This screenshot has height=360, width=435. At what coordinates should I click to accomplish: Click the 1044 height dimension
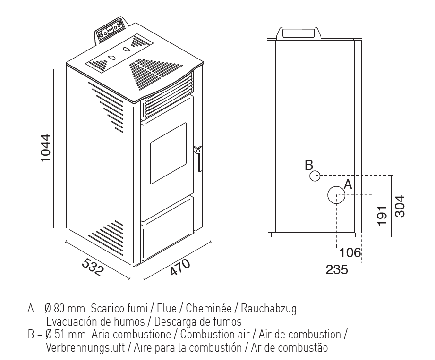pyautogui.click(x=45, y=148)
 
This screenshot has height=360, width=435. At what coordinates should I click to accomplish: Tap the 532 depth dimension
pyautogui.click(x=93, y=267)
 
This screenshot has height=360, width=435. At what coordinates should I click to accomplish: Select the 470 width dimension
pyautogui.click(x=180, y=267)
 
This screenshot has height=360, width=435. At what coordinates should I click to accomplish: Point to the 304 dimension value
pyautogui.click(x=400, y=207)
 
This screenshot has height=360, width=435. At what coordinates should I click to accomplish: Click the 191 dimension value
pyautogui.click(x=382, y=216)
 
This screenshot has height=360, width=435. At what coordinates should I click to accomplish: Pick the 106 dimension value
pyautogui.click(x=350, y=252)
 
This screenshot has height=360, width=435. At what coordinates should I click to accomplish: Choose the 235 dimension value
pyautogui.click(x=337, y=269)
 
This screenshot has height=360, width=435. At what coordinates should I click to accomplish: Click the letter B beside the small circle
pyautogui.click(x=309, y=165)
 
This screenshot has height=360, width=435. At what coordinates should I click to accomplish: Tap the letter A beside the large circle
pyautogui.click(x=348, y=184)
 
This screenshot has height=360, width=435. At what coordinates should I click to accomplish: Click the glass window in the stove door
pyautogui.click(x=169, y=153)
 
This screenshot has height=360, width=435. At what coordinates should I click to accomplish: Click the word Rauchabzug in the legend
pyautogui.click(x=269, y=308)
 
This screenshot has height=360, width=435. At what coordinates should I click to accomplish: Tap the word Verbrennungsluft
pyautogui.click(x=85, y=348)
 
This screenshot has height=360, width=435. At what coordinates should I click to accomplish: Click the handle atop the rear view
pyautogui.click(x=299, y=32)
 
